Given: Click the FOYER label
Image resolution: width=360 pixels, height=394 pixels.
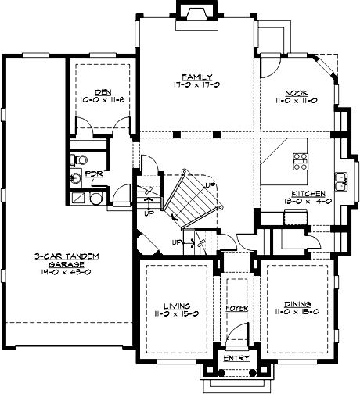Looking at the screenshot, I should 236,308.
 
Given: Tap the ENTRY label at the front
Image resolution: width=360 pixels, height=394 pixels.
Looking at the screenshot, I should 236,358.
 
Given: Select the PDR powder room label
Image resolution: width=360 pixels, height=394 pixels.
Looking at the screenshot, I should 92,174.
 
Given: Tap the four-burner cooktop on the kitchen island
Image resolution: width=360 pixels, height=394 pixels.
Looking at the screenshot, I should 299,161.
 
